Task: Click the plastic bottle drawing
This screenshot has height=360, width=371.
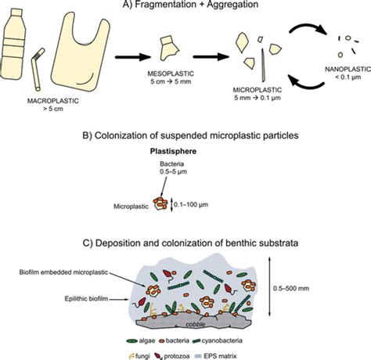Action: [x=13, y=44]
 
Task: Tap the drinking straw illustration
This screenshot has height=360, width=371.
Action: [x=38, y=70]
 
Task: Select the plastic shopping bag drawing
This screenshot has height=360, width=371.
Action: [x=81, y=52]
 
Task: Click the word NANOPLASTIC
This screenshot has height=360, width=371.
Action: [x=348, y=69]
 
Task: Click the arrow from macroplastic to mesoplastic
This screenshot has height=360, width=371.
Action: [x=133, y=57]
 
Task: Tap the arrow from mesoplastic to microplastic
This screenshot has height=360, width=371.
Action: [x=211, y=56]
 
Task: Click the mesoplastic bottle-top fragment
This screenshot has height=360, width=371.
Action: [x=169, y=48]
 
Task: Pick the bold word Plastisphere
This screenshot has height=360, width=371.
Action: [x=173, y=151]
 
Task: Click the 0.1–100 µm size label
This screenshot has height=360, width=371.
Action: [x=191, y=204]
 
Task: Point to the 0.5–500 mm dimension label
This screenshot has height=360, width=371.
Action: [x=291, y=288]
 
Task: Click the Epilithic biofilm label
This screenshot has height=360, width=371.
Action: [x=86, y=298]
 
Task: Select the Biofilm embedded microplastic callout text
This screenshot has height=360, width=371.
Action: [x=63, y=272]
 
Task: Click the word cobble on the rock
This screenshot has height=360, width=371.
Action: [x=196, y=325]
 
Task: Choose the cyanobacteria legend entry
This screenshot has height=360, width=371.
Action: [x=218, y=340]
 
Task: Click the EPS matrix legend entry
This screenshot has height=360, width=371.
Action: [x=216, y=356]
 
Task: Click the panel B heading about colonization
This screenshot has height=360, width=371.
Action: [x=190, y=135]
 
